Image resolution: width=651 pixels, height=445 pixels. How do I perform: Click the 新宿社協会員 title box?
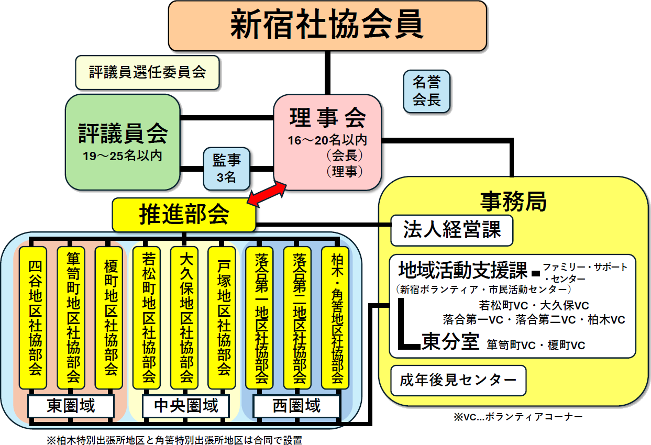coord(327,25)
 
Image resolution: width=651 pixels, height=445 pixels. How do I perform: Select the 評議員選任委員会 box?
coord(147,72)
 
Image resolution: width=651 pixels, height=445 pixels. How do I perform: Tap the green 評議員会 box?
coord(123,141)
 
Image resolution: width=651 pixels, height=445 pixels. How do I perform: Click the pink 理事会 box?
coord(327,142)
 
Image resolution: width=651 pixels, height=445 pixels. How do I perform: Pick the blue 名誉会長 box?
coord(427,91)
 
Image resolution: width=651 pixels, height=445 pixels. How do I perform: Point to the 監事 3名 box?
coord(226,169)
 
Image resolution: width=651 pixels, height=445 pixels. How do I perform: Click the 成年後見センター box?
coord(458,381)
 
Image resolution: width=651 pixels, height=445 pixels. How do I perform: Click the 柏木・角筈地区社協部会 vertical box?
coord(336,317)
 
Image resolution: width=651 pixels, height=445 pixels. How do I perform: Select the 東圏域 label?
coord(71,406)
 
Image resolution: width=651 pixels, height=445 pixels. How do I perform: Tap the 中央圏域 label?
coord(186,406)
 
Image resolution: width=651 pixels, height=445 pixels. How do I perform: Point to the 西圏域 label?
coord(296,406)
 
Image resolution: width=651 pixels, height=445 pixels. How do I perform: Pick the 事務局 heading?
coord(513,202)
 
